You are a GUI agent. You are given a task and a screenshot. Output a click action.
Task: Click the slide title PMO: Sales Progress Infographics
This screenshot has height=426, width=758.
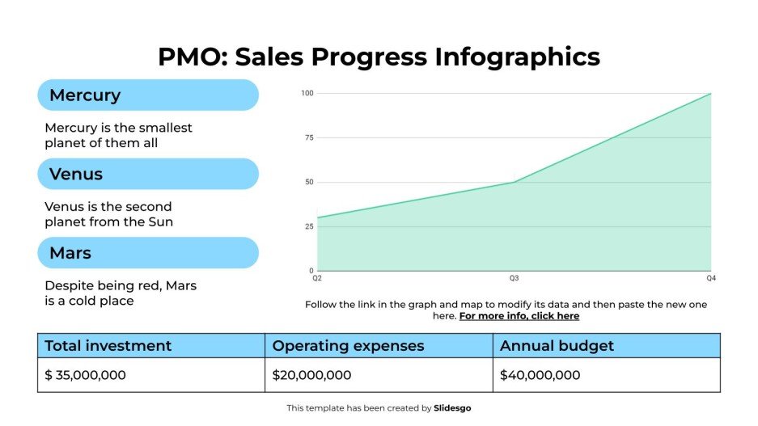(379, 57)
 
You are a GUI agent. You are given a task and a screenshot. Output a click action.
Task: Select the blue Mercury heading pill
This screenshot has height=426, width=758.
(148, 95)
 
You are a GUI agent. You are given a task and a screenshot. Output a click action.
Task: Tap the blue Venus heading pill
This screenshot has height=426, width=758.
(148, 174)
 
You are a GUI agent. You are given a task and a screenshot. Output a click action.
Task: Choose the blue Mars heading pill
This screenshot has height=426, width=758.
(148, 253)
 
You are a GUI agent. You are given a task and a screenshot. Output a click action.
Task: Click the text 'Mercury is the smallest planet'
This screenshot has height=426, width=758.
(118, 128)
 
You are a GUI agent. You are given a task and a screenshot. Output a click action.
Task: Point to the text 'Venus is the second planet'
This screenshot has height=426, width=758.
(108, 206)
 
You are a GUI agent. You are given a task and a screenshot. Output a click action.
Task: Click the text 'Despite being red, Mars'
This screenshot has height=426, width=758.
(121, 285)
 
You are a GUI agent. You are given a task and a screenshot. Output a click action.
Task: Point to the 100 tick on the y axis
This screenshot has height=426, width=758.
(307, 94)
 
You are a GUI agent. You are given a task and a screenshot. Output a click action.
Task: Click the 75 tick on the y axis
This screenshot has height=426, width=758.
(308, 138)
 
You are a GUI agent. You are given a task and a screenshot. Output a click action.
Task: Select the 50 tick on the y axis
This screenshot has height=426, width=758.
(308, 183)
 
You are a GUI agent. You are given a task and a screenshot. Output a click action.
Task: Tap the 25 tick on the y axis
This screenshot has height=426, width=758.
(308, 226)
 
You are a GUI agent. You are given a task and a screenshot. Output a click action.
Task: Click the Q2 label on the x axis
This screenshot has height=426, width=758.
(317, 279)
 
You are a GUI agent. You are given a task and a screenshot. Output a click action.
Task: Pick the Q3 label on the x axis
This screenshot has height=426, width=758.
(514, 279)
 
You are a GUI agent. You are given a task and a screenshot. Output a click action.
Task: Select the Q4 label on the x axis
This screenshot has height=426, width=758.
(710, 279)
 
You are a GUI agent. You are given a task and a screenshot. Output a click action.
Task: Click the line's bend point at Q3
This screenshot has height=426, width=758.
(514, 182)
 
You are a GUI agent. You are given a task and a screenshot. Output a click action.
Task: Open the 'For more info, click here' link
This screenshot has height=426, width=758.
(519, 316)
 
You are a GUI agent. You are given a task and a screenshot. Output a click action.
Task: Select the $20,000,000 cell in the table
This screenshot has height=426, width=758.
(311, 375)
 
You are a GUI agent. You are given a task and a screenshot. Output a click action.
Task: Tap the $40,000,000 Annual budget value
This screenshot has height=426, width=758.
(540, 375)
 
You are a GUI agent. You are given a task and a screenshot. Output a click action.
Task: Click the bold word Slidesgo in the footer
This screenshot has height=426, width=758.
(452, 408)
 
